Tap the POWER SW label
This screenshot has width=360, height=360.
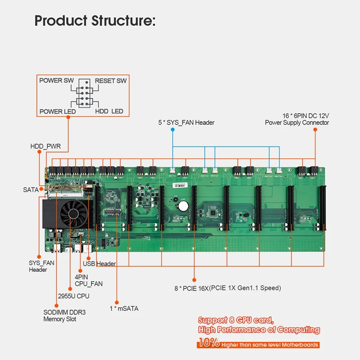pos(57,81)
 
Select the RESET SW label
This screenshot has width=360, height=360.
pos(111,81)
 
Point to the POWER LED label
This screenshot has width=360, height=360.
pos(57,111)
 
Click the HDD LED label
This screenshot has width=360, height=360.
pos(109,111)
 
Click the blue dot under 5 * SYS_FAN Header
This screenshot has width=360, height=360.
pos(173,130)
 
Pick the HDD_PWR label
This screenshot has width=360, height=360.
pos(45,146)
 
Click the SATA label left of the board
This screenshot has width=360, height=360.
pos(31,190)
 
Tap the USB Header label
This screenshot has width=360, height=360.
pos(99,264)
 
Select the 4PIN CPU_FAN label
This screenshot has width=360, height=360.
pos(88,280)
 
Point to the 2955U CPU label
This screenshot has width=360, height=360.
pos(74,296)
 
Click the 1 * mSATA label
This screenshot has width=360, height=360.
pos(125,309)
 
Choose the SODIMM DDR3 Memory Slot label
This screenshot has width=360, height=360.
pos(60,315)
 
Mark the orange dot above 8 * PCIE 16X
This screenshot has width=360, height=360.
pos(194,279)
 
